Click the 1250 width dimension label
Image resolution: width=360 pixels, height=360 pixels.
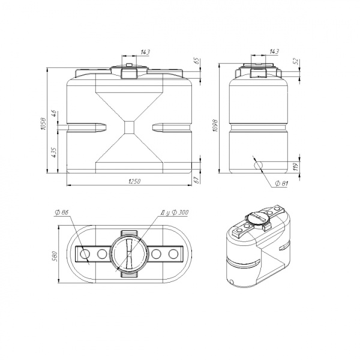point(134,181)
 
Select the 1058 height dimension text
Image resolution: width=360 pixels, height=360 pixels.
point(44,124)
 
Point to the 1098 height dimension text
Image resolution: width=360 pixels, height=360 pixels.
point(215,125)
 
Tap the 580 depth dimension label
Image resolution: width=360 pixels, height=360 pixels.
point(55,256)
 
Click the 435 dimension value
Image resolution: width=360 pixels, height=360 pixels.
point(54,152)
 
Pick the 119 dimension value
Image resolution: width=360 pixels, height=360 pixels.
point(296,166)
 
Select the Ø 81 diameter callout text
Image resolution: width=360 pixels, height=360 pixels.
point(281,183)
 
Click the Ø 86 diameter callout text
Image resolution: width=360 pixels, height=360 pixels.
point(62,212)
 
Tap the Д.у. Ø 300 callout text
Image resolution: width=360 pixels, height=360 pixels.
point(175,212)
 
